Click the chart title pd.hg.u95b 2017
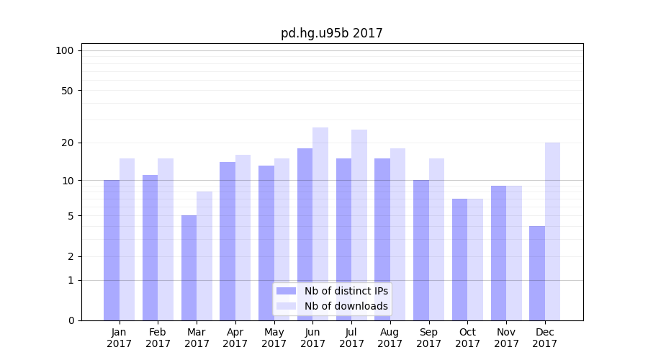pyautogui.click(x=331, y=33)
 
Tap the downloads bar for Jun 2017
pyautogui.click(x=320, y=224)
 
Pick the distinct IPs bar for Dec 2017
pyautogui.click(x=537, y=274)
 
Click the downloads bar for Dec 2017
pyautogui.click(x=553, y=231)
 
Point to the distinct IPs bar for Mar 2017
pyautogui.click(x=189, y=268)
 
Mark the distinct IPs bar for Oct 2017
pyautogui.click(x=460, y=259)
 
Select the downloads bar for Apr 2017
pyautogui.click(x=243, y=238)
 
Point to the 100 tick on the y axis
pyautogui.click(x=65, y=50)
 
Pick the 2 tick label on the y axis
pyautogui.click(x=71, y=256)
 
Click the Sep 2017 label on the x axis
pyautogui.click(x=428, y=338)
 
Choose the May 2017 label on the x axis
pyautogui.click(x=274, y=338)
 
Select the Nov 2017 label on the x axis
pyautogui.click(x=506, y=338)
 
